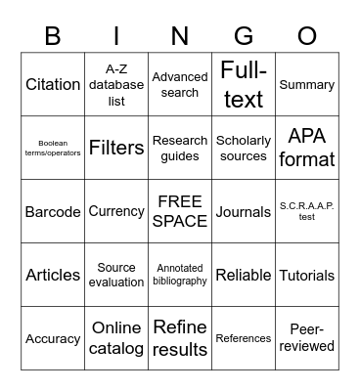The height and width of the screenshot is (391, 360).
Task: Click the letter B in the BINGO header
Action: (53, 36)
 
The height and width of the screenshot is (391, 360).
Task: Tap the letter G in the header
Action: (244, 36)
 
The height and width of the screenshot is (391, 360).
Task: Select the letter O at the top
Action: (307, 36)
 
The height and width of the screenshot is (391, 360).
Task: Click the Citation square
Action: (53, 84)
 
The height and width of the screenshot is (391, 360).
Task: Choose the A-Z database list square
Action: (116, 84)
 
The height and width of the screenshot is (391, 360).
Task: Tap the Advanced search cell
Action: (180, 84)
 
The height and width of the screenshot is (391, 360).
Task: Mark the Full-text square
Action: (244, 84)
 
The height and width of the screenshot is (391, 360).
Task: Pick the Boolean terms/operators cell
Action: (53, 148)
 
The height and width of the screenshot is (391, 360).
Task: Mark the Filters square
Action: (116, 148)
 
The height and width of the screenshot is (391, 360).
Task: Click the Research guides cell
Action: (180, 148)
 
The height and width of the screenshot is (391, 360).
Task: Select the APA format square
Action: (307, 148)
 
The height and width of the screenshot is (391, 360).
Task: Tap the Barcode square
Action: (53, 211)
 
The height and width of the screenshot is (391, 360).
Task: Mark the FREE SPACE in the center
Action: (180, 211)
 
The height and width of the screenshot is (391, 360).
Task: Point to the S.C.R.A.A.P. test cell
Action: (307, 211)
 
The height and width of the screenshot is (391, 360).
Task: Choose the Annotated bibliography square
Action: (180, 275)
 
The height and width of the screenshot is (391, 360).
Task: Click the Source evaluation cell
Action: (116, 275)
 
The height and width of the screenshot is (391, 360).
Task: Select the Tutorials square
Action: (307, 275)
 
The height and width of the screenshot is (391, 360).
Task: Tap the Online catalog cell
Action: (116, 338)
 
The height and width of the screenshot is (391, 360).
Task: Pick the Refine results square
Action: (180, 338)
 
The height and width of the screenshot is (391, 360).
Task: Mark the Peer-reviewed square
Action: (307, 338)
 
